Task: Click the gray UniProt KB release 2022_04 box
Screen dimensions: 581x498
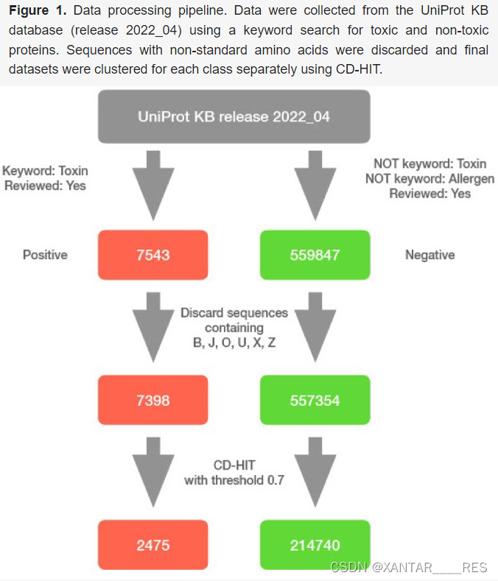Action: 234,116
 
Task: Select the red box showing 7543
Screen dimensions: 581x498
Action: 152,256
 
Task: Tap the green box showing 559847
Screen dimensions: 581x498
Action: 315,256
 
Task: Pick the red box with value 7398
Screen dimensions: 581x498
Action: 152,401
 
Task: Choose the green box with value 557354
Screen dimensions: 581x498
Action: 315,401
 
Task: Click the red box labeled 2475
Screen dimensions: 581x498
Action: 152,546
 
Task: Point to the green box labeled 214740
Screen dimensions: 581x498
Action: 315,546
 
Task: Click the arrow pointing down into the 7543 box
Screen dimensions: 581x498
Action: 152,185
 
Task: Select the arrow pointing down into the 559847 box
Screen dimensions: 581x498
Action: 315,185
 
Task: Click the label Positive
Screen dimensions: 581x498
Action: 45,255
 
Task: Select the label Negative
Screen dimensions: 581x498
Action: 429,255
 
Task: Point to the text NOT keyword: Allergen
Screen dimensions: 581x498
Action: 429,179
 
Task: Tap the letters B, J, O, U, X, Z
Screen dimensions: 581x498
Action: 234,343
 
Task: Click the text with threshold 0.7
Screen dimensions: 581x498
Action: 234,481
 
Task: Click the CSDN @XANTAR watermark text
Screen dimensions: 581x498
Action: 408,568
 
